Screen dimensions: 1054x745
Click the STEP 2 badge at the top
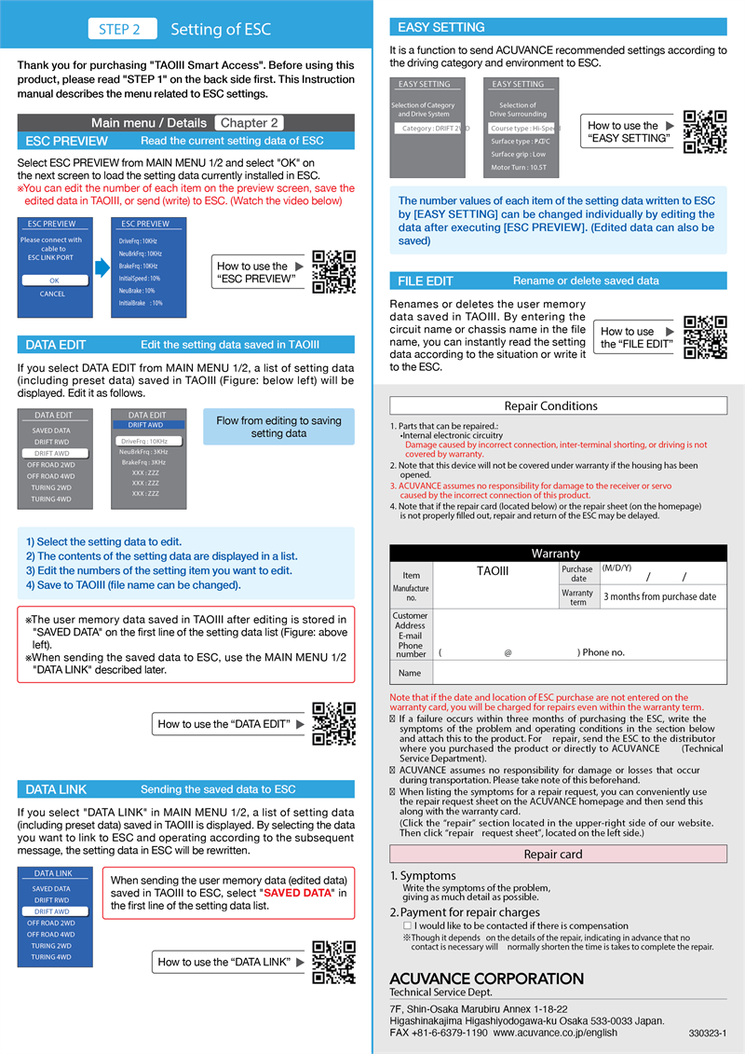[x=119, y=29]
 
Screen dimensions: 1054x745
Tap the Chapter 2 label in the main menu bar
[x=249, y=122]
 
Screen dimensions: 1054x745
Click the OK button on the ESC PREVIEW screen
[x=54, y=280]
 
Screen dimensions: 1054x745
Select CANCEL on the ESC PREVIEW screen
[x=53, y=294]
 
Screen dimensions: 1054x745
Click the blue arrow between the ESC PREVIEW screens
[x=102, y=268]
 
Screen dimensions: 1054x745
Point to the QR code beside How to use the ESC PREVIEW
[x=333, y=272]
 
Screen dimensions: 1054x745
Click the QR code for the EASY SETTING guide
[x=705, y=131]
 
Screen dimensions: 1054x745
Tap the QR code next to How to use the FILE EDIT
[x=705, y=337]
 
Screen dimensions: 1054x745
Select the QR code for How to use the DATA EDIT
[x=333, y=723]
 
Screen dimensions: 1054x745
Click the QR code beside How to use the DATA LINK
[x=333, y=962]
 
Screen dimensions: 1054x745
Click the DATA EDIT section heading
[x=56, y=345]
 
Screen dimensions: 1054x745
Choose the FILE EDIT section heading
[x=426, y=281]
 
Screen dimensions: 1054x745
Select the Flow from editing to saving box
[x=278, y=427]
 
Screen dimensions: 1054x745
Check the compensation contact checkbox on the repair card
[x=407, y=926]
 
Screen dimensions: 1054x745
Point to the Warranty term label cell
[x=577, y=596]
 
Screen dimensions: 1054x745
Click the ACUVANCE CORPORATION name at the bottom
[x=486, y=979]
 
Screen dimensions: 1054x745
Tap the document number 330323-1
[x=708, y=1033]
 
